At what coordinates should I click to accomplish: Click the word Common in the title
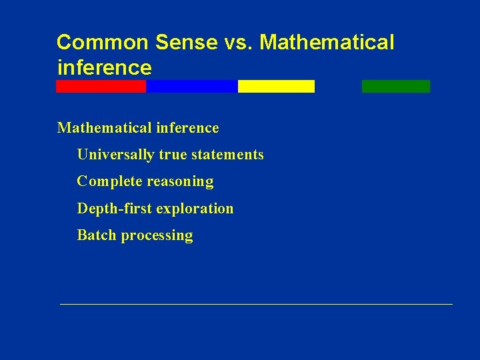(x=103, y=43)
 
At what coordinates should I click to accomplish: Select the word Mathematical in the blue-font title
(x=327, y=43)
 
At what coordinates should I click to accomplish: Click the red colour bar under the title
(x=101, y=86)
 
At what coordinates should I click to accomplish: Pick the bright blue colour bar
(x=191, y=86)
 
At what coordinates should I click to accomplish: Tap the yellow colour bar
(x=276, y=86)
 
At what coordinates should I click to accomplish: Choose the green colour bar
(x=396, y=86)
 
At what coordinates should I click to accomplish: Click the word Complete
(x=109, y=181)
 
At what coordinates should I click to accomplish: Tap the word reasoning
(x=180, y=182)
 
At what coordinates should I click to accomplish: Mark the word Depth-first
(x=115, y=209)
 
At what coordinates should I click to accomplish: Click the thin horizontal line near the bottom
(x=256, y=304)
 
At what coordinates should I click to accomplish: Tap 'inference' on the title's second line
(x=105, y=67)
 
